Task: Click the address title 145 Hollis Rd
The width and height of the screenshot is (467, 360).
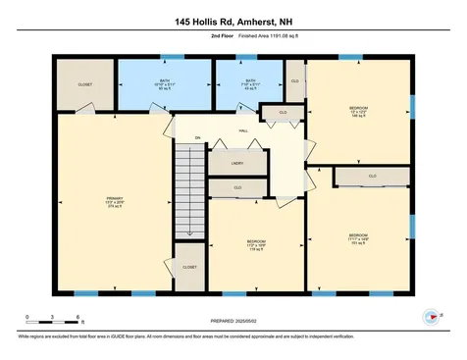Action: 233,21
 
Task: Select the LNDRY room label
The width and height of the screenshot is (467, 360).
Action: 237,163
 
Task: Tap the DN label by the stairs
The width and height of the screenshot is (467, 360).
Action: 197,137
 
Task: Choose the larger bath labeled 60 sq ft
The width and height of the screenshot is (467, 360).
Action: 164,84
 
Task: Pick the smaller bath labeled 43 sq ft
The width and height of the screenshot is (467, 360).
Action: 250,84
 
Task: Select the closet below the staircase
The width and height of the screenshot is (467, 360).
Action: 189,266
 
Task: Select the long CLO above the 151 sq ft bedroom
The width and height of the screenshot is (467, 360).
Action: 372,177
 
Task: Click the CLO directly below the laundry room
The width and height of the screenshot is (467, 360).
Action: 238,186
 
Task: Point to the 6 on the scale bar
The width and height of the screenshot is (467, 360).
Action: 78,316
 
